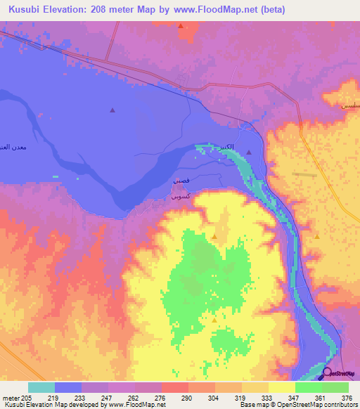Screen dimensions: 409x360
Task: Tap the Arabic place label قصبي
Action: point(180,181)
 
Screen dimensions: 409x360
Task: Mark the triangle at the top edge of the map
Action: point(181,27)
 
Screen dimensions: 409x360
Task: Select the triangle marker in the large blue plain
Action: point(112,110)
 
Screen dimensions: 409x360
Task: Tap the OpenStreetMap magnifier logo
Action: point(327,374)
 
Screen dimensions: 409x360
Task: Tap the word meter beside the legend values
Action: point(10,397)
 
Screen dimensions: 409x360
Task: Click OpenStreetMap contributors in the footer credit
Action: point(319,405)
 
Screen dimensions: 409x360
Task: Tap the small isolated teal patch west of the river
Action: point(56,176)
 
